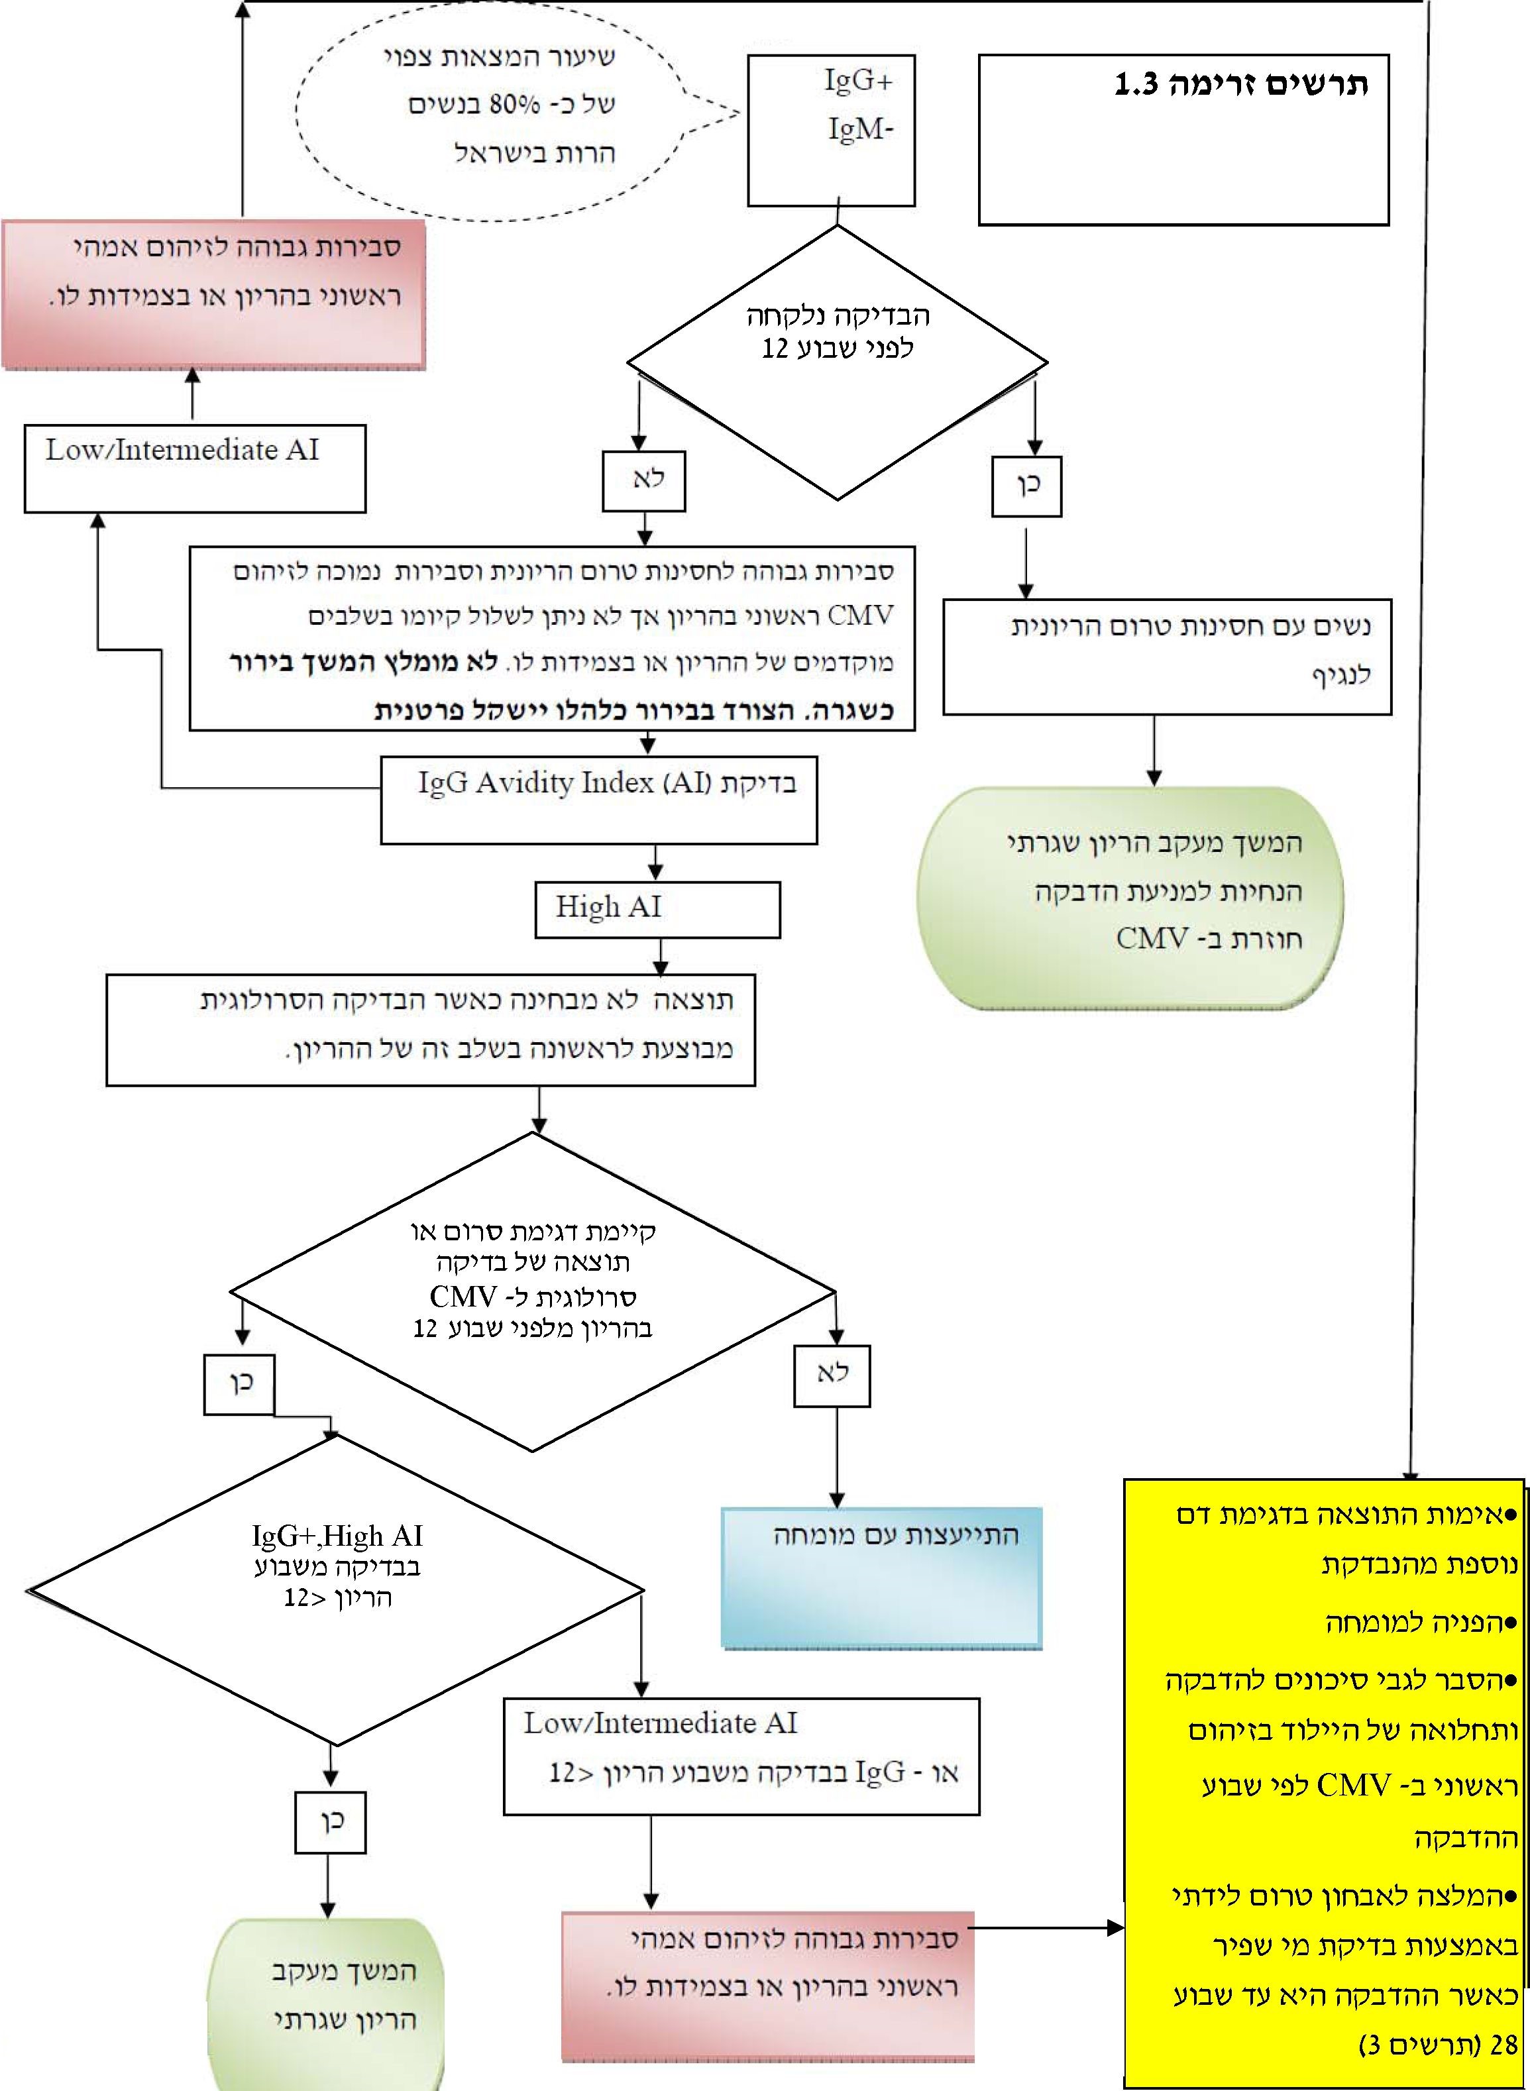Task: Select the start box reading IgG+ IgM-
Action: pyautogui.click(x=831, y=130)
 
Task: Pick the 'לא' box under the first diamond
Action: pyautogui.click(x=643, y=480)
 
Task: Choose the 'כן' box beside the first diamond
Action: pyautogui.click(x=1026, y=485)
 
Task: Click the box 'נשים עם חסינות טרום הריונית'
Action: pyautogui.click(x=1167, y=657)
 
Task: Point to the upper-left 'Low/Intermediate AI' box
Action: pyautogui.click(x=195, y=468)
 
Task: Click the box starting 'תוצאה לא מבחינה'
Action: pyautogui.click(x=431, y=1029)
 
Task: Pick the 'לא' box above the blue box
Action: pyautogui.click(x=832, y=1374)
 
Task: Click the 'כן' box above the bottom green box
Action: pyautogui.click(x=331, y=1821)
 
